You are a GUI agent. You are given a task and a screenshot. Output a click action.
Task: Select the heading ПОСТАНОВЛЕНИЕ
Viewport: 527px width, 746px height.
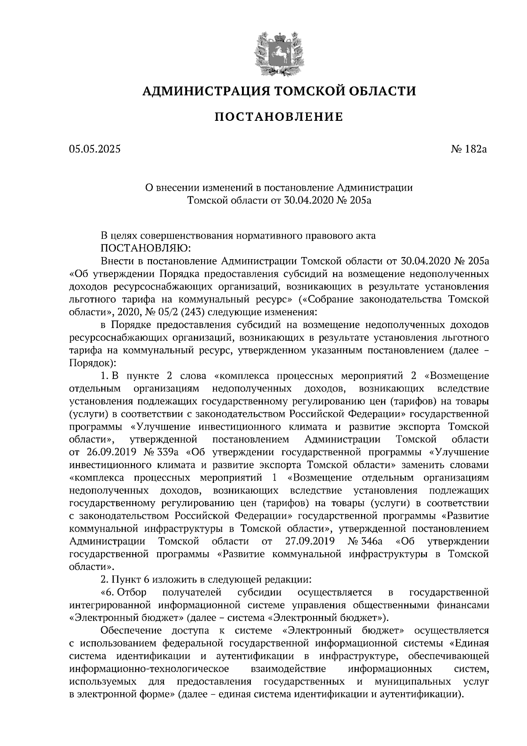[278, 117]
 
